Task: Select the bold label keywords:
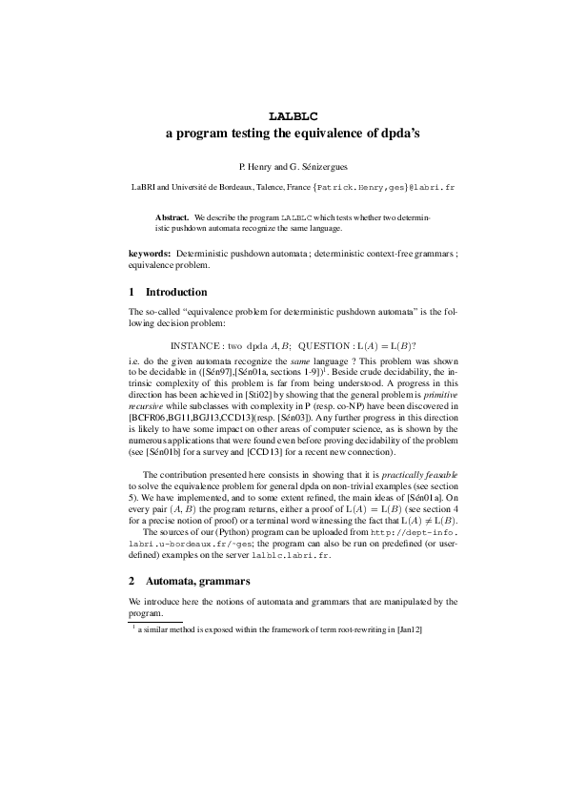[150, 254]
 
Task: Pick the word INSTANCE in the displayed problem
[196, 345]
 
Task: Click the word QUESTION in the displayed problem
[324, 345]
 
